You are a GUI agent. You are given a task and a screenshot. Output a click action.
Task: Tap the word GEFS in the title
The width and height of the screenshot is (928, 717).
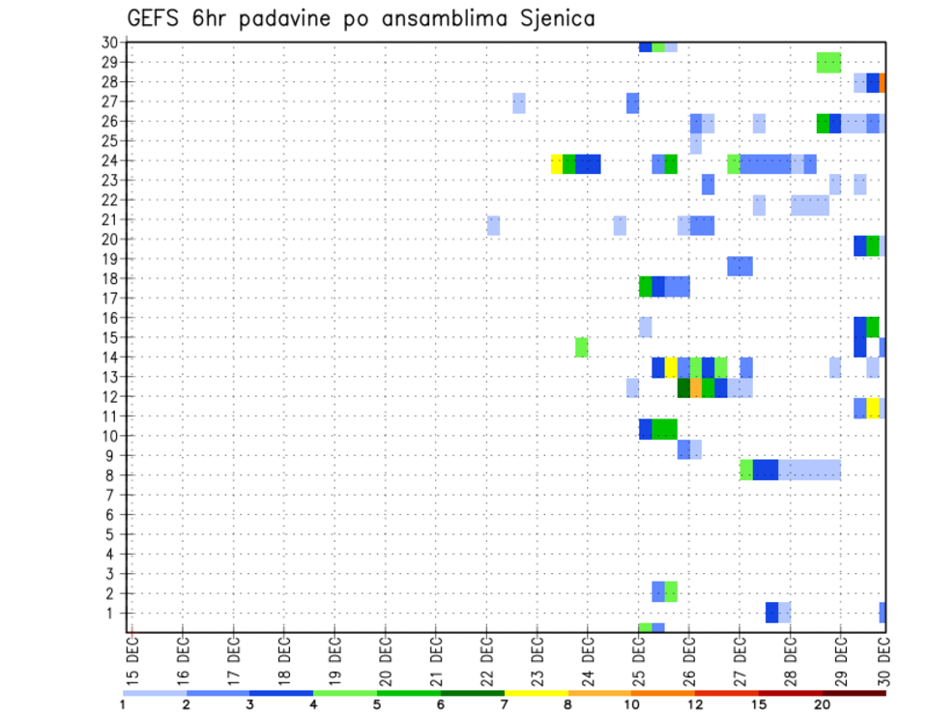(154, 18)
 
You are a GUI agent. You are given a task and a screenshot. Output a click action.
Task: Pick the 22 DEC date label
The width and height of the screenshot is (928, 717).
(487, 662)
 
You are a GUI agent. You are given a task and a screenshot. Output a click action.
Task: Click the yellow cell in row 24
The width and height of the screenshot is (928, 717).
(557, 163)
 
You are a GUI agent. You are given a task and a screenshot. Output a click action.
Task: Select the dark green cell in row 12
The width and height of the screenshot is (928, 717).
(683, 387)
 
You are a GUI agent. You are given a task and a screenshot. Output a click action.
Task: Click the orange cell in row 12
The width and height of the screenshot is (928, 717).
(696, 387)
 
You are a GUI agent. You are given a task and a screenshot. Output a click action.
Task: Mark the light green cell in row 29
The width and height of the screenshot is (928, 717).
(828, 62)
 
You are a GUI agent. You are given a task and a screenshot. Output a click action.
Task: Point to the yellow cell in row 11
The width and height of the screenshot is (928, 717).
(873, 407)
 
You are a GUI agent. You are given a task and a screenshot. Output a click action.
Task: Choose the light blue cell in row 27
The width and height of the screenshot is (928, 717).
(519, 102)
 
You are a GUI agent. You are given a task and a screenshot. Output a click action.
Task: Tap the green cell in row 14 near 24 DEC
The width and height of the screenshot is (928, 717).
(582, 346)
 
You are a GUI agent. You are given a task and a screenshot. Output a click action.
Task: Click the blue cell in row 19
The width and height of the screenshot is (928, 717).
(739, 266)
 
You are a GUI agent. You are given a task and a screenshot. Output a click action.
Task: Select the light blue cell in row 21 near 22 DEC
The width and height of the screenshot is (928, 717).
(494, 225)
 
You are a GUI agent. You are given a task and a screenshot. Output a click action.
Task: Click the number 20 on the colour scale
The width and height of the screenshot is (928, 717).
(822, 704)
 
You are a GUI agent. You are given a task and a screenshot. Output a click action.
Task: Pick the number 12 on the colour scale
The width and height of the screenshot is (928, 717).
(694, 704)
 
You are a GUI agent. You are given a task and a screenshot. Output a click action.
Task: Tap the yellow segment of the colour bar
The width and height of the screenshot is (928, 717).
(536, 693)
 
